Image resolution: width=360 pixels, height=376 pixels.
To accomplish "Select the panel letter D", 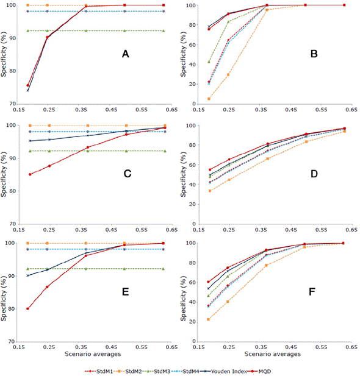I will (314, 174).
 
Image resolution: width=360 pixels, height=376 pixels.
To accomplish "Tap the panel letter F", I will (313, 291).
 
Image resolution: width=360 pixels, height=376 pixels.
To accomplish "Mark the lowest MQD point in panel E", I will (28, 308).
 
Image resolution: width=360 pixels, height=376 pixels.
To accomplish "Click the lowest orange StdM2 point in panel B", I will (209, 99).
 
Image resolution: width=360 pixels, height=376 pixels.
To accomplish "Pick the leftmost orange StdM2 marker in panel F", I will (209, 319).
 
